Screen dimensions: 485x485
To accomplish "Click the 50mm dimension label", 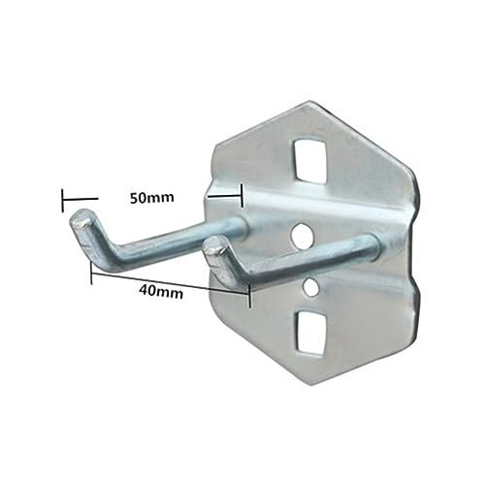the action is click(x=152, y=198).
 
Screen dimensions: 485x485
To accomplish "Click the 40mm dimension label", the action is click(x=161, y=293).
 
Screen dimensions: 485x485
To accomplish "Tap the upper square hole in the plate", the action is click(x=308, y=159).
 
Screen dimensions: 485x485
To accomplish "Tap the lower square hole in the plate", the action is click(x=310, y=333).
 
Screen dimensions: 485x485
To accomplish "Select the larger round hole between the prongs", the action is click(x=303, y=235).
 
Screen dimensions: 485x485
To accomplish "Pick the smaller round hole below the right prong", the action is click(x=310, y=287).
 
